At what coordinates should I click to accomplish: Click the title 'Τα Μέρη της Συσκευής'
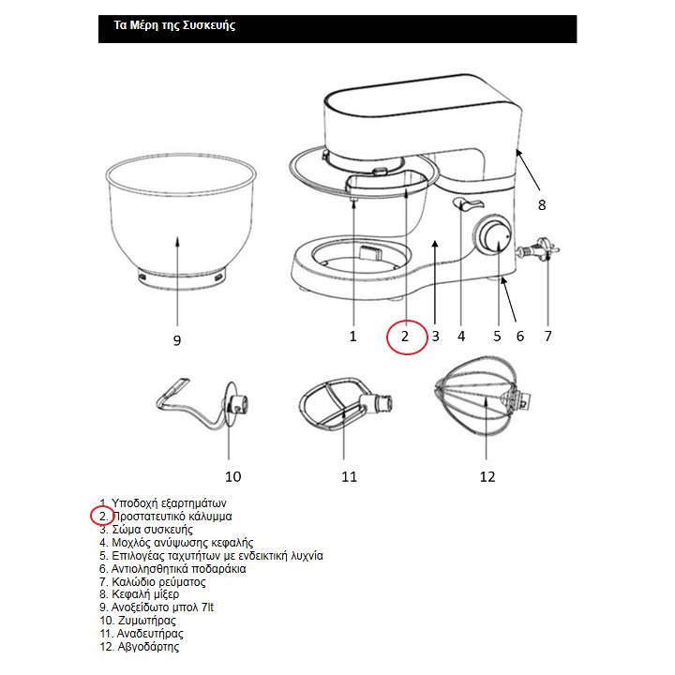(x=174, y=25)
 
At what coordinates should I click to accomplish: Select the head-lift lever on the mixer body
(x=468, y=204)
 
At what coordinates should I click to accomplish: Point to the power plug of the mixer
(x=538, y=250)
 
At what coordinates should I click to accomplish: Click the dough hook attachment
(x=202, y=404)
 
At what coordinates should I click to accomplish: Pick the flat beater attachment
(x=344, y=404)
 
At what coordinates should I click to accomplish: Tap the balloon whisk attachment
(x=482, y=396)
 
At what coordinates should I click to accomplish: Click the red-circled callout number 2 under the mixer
(x=405, y=337)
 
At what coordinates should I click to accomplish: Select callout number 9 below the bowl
(x=177, y=340)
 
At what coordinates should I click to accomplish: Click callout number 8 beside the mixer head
(x=542, y=205)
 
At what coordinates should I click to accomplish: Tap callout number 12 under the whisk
(x=487, y=476)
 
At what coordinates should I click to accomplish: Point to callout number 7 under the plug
(x=547, y=337)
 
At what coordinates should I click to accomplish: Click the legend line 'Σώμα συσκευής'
(x=146, y=530)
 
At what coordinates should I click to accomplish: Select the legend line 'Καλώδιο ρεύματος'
(x=153, y=582)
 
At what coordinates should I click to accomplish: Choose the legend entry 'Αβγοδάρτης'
(x=140, y=647)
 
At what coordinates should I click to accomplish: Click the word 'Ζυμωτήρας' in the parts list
(x=147, y=621)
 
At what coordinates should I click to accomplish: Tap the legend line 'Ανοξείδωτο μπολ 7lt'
(x=157, y=607)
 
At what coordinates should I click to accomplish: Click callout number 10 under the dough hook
(x=232, y=476)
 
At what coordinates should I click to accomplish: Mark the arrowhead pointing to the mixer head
(x=519, y=153)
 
